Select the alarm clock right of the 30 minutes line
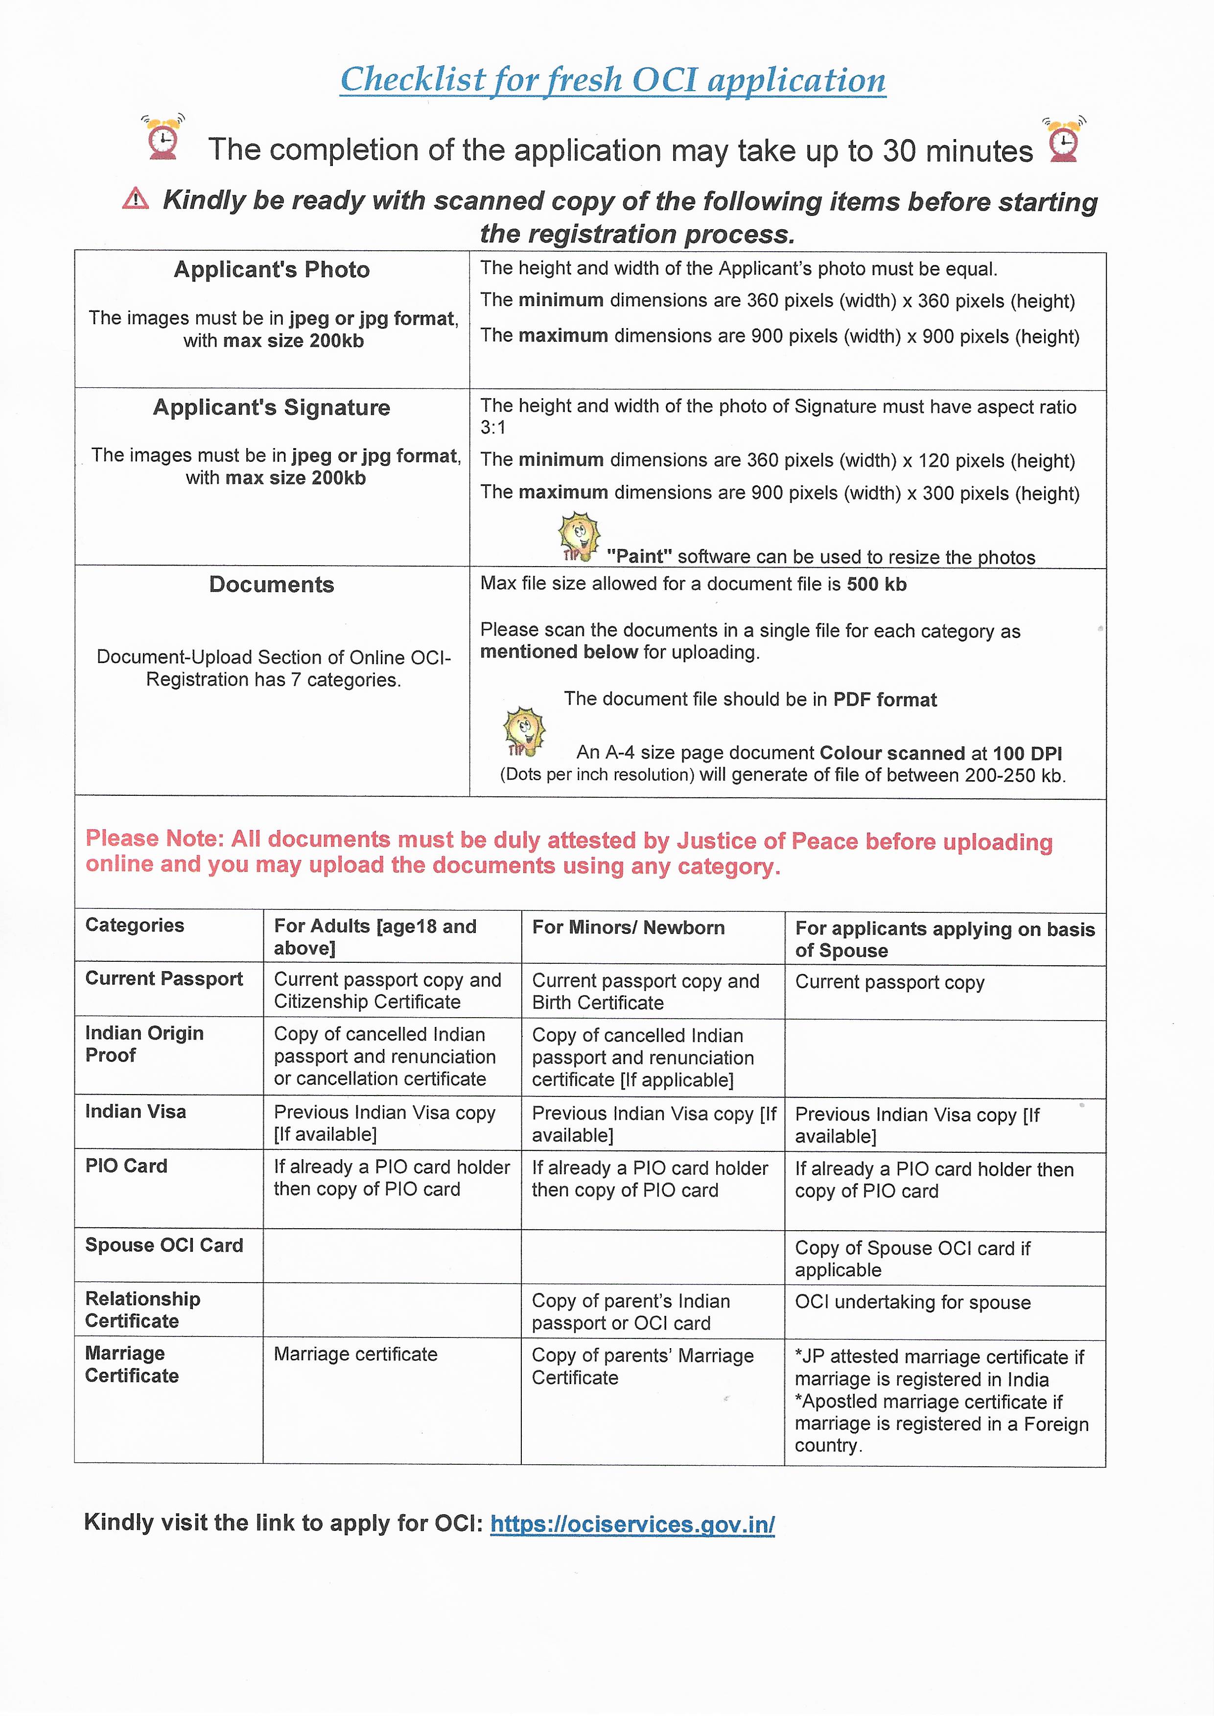click(x=1063, y=139)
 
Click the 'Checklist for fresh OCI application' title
click(x=612, y=80)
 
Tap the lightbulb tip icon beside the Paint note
click(x=579, y=535)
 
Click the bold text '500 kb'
click(x=876, y=585)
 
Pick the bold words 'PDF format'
click(x=885, y=700)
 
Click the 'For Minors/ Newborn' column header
click(x=628, y=928)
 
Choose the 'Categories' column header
click(x=135, y=926)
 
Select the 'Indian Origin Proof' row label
click(x=144, y=1044)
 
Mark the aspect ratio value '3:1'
click(x=493, y=428)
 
